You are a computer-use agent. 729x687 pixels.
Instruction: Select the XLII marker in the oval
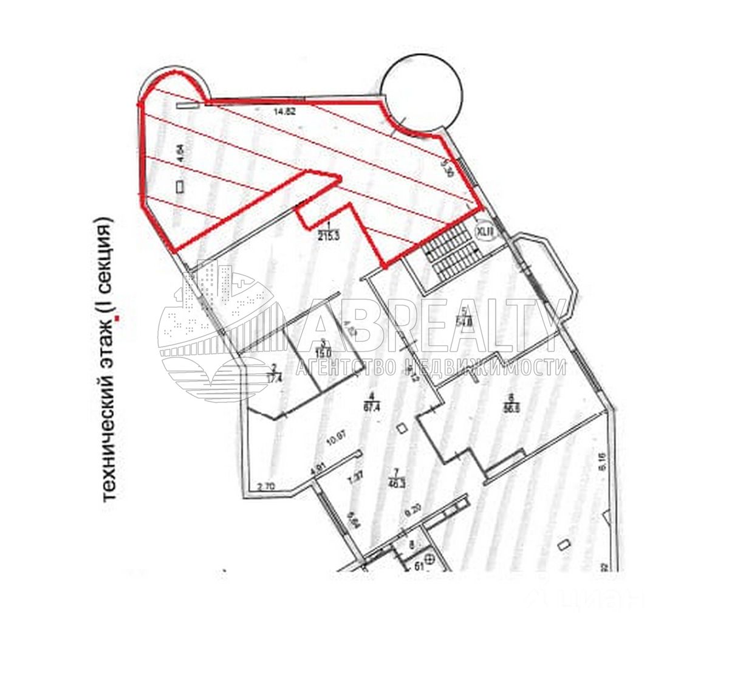pos(485,231)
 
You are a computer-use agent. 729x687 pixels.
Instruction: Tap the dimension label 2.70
pos(267,486)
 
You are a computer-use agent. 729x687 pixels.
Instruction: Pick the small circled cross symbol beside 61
pos(430,558)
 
